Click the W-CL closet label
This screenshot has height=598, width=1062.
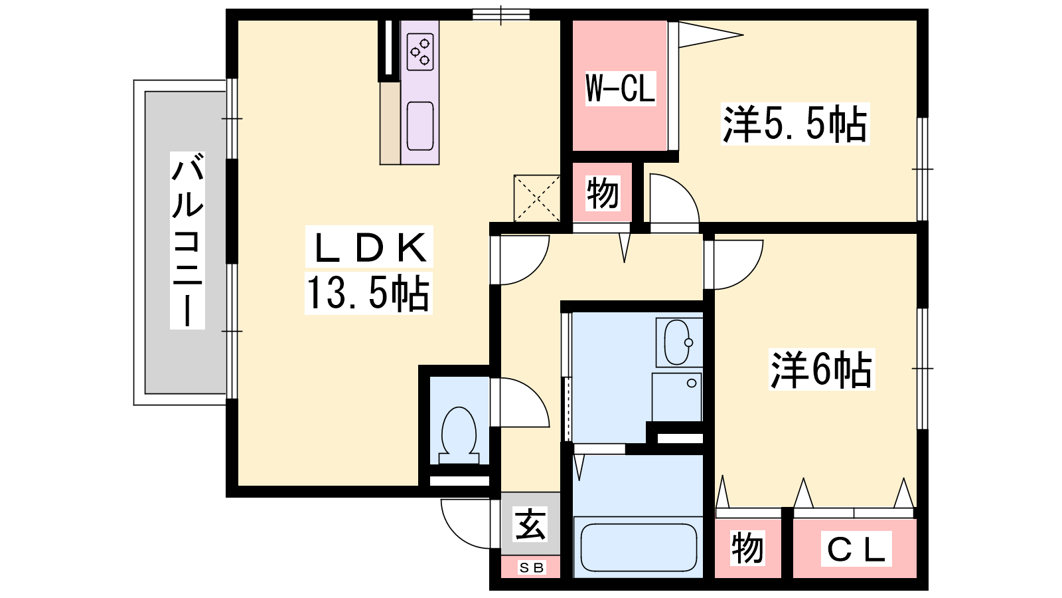[620, 88]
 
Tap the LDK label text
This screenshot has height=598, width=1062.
[369, 247]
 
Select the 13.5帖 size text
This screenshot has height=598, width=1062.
[368, 293]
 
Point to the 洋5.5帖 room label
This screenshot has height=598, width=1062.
[795, 124]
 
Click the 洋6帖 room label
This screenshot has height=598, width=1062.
[821, 369]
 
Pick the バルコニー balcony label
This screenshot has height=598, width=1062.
[188, 240]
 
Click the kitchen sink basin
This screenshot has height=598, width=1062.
[420, 126]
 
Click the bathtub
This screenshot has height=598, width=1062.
[639, 548]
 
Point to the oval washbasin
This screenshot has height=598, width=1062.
[677, 342]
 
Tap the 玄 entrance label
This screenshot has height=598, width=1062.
[530, 524]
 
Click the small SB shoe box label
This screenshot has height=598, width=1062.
[532, 567]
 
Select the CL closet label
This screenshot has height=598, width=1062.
[856, 549]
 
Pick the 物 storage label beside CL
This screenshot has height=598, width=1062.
[747, 548]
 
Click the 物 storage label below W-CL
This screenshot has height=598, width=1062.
[603, 193]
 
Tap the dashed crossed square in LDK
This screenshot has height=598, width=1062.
[537, 199]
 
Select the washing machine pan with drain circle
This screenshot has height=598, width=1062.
[676, 397]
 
